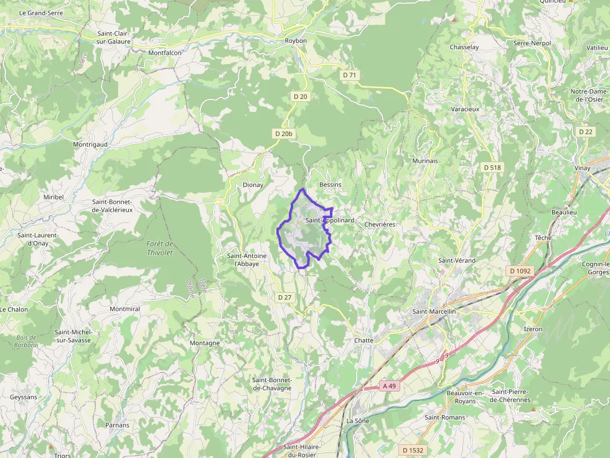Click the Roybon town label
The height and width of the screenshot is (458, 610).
click(296, 40)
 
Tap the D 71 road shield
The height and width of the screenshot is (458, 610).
click(350, 75)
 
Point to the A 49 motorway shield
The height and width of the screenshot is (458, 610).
click(389, 386)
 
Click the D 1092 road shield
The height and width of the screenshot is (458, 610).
click(520, 271)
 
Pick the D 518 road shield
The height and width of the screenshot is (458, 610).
click(492, 167)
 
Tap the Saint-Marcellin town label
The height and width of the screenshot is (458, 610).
click(434, 311)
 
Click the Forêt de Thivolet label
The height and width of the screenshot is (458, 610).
click(160, 248)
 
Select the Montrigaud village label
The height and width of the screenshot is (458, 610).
click(90, 144)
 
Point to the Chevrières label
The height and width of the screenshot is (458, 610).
click(380, 224)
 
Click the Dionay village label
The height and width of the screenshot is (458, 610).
click(253, 185)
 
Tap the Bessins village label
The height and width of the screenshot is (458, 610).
click(330, 185)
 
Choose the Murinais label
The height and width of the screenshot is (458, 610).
click(425, 160)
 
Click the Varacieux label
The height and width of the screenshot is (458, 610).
click(465, 109)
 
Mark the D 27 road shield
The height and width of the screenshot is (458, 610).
click(284, 297)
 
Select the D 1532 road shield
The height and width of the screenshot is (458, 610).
click(413, 450)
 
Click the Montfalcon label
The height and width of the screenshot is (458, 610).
click(165, 53)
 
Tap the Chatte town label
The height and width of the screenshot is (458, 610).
click(364, 341)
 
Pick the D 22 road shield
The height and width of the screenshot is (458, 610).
click(586, 131)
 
